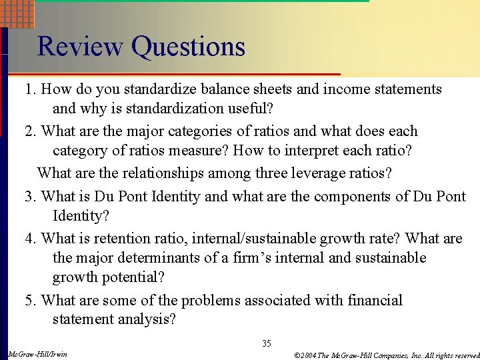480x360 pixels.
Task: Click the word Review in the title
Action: click(81, 47)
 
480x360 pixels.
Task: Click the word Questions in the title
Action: click(189, 47)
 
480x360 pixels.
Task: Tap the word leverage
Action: click(321, 173)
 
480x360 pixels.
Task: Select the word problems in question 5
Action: click(210, 301)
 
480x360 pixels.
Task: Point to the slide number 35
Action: click(267, 344)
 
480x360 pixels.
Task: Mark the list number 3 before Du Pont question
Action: click(29, 197)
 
